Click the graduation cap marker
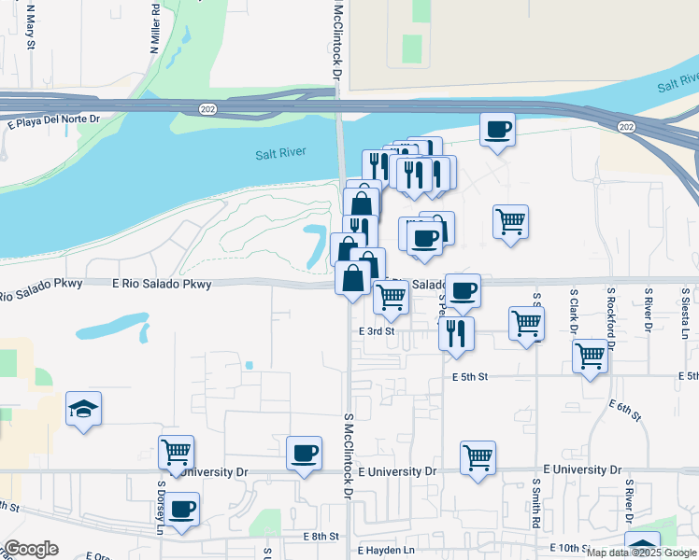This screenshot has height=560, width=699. (83, 409)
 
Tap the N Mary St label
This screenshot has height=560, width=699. (31, 26)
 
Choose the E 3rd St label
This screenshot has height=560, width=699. (378, 331)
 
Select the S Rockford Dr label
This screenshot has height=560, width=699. (610, 317)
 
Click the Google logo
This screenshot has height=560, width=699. (30, 549)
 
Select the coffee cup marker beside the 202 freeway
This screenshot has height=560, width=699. (498, 130)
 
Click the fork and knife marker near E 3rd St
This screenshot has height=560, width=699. (455, 333)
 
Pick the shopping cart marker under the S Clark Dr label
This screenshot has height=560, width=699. (591, 357)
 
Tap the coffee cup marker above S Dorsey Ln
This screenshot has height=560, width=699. (182, 511)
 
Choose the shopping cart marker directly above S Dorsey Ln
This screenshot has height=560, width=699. (176, 454)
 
